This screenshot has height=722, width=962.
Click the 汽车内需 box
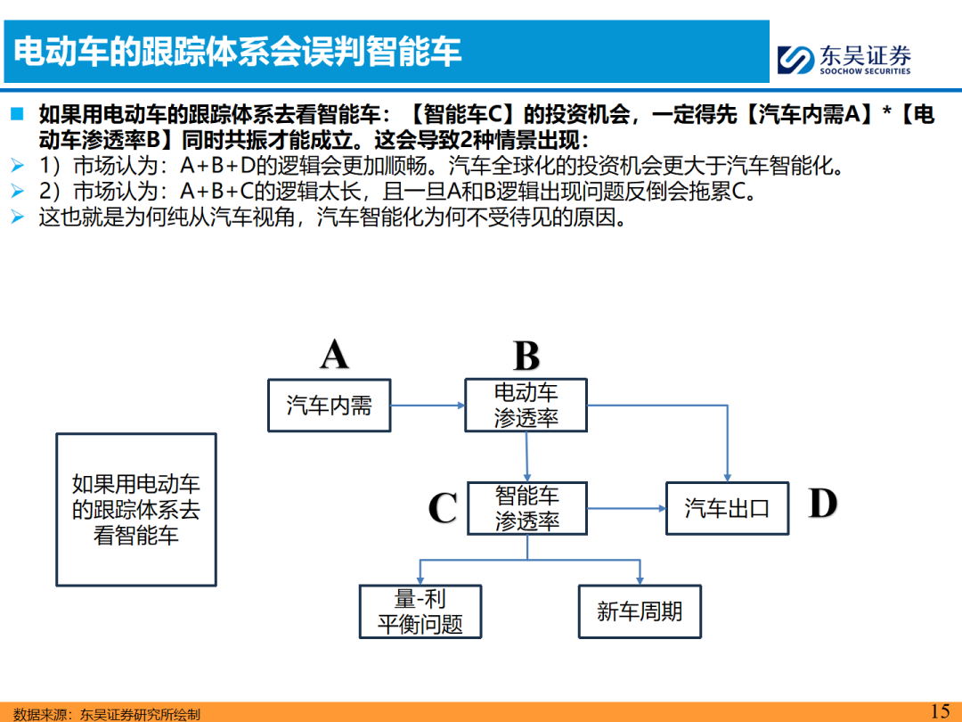click(x=330, y=406)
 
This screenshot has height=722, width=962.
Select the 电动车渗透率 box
click(x=526, y=406)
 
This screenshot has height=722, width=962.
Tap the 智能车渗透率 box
click(x=527, y=508)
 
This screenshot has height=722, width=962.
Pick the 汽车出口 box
click(x=727, y=508)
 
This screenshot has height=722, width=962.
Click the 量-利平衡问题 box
click(x=420, y=611)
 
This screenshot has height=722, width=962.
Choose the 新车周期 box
click(x=640, y=611)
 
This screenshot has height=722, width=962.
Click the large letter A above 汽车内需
click(x=334, y=354)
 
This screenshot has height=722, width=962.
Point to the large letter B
click(x=526, y=356)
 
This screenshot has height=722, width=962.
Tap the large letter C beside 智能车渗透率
click(x=443, y=508)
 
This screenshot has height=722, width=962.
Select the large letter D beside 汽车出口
click(x=823, y=504)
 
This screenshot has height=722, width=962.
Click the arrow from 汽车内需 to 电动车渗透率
click(x=428, y=406)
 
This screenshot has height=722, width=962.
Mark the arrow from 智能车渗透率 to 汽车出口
click(x=626, y=508)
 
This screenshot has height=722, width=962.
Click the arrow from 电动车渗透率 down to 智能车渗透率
click(x=527, y=456)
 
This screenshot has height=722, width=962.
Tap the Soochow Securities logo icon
click(x=795, y=60)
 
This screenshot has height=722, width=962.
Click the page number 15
click(x=940, y=711)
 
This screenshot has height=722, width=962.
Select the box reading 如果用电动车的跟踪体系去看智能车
click(x=136, y=510)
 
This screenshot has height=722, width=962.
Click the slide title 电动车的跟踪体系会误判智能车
click(x=237, y=51)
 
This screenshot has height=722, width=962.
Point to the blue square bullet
click(x=17, y=113)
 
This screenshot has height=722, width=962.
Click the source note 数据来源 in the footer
click(x=107, y=714)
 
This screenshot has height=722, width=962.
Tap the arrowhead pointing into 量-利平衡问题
click(x=420, y=580)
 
